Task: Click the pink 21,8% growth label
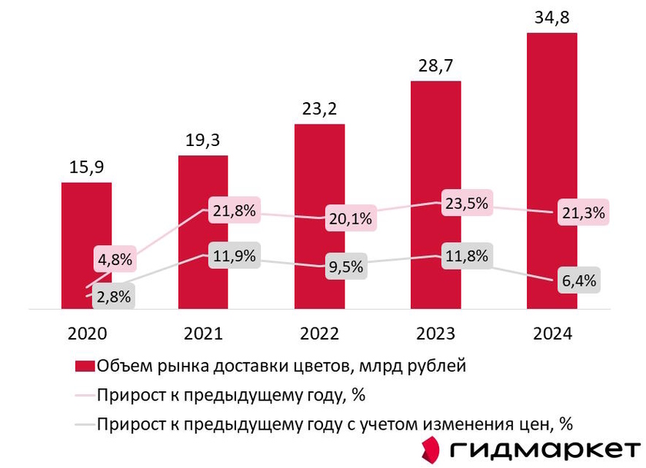pyautogui.click(x=231, y=209)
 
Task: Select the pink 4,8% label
pyautogui.click(x=114, y=259)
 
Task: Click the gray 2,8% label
pyautogui.click(x=112, y=297)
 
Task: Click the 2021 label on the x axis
pyautogui.click(x=203, y=334)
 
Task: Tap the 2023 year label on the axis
pyautogui.click(x=435, y=334)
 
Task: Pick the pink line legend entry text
pyautogui.click(x=230, y=395)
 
